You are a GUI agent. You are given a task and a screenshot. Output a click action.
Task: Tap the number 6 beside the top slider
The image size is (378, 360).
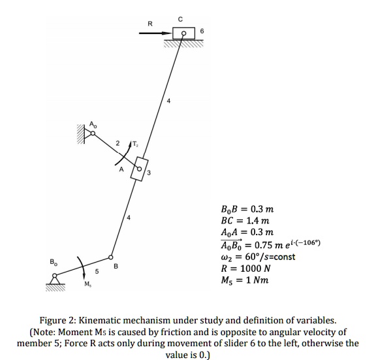click(202, 30)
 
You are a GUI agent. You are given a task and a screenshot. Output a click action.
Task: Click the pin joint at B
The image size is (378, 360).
click(111, 257)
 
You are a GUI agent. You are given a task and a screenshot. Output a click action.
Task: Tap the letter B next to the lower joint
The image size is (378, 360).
click(116, 267)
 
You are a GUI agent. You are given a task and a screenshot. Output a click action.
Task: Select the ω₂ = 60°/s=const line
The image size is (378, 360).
click(259, 257)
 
